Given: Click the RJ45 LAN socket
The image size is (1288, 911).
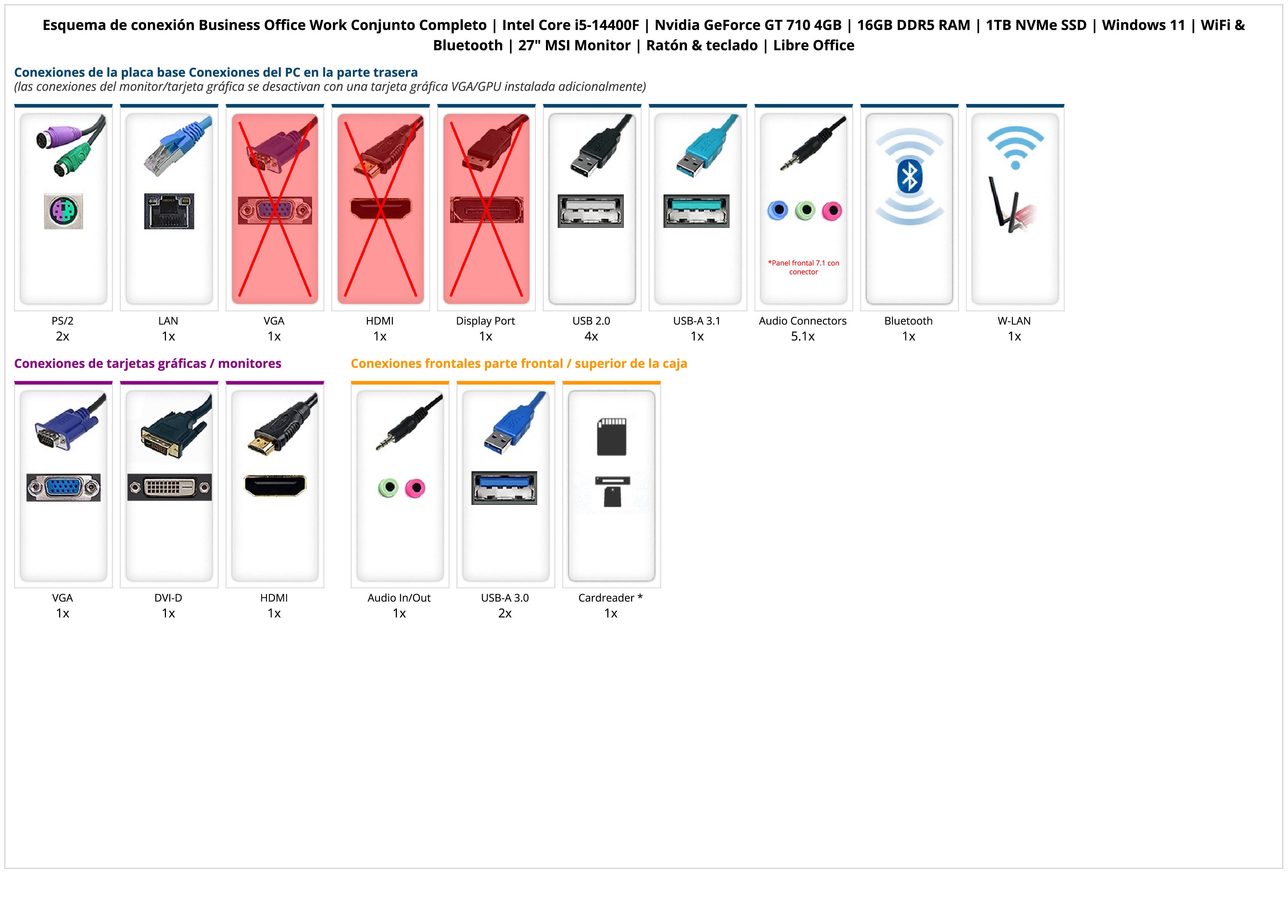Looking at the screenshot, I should [169, 211].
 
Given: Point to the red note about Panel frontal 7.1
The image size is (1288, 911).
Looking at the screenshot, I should [803, 267].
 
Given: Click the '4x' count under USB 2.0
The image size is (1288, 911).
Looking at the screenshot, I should [591, 336].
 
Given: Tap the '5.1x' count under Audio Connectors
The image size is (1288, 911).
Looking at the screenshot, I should [803, 336].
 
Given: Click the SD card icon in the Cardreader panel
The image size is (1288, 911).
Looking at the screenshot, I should [611, 436].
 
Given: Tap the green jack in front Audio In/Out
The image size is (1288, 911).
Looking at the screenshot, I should [388, 487].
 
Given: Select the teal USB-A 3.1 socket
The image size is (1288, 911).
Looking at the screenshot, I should [696, 211].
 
